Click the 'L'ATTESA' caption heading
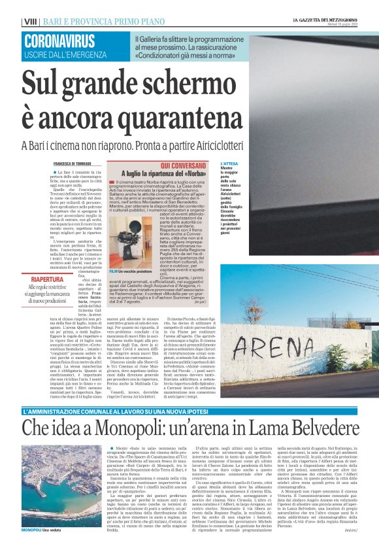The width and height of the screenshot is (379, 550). point(229,163)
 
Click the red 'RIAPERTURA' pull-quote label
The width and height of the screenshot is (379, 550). point(47,279)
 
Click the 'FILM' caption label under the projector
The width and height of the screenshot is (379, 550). point(114,270)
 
